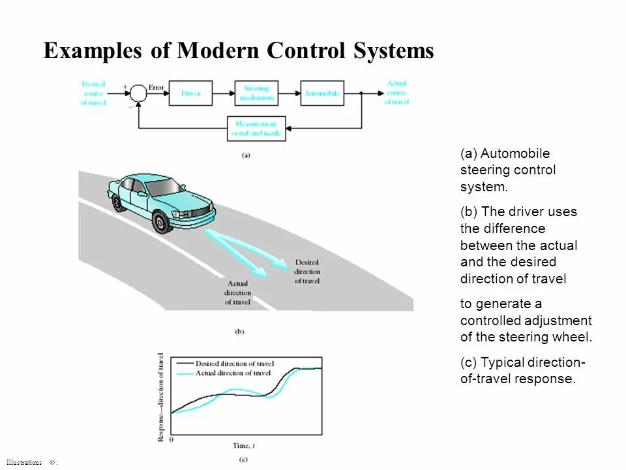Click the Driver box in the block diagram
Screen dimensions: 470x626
[x=190, y=94]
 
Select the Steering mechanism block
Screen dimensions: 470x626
[x=256, y=93]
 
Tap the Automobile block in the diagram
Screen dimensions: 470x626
[x=322, y=94]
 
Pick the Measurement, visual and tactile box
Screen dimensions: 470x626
[x=256, y=128]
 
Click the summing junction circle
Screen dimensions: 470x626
[x=138, y=93]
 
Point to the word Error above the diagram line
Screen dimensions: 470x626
[x=156, y=86]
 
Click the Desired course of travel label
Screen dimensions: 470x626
[x=93, y=93]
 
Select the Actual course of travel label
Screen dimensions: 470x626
[x=396, y=93]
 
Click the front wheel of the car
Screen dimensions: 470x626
[x=161, y=221]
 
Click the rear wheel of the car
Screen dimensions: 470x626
[x=117, y=202]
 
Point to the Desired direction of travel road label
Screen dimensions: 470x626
[x=307, y=272]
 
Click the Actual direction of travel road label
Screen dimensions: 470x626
[x=238, y=293]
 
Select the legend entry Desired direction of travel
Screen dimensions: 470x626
[x=234, y=364]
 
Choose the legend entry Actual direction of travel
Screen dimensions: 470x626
[x=233, y=373]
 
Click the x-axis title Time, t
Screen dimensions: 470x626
[x=243, y=446]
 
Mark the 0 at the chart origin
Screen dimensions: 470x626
[x=170, y=440]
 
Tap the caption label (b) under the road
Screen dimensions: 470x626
[x=239, y=332]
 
